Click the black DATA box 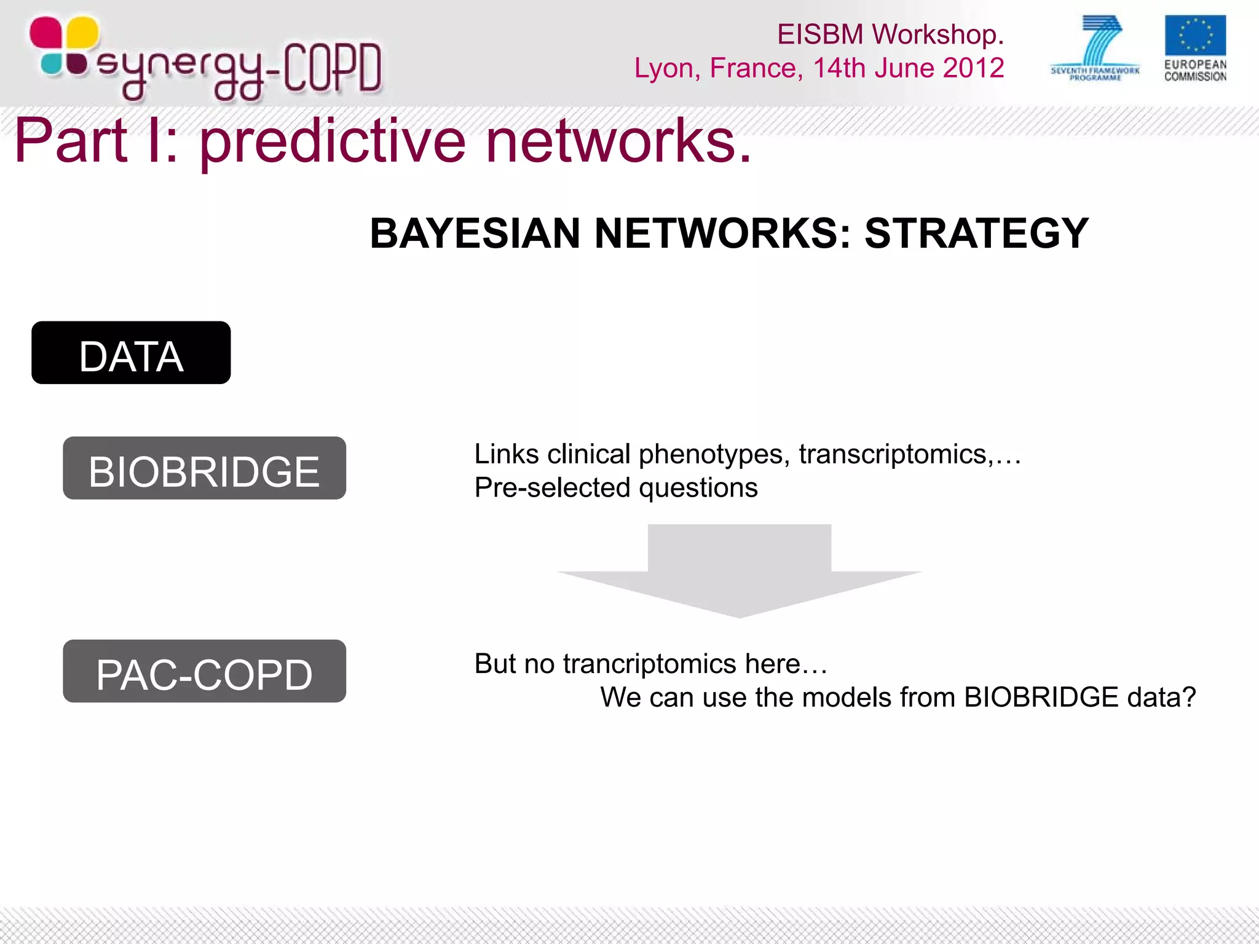[131, 353]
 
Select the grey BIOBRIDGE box [204, 468]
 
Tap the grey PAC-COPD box [204, 671]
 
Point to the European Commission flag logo [1195, 36]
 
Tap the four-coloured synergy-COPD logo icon [64, 46]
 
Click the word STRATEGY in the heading [976, 234]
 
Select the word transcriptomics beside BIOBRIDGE [892, 455]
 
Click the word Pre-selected [553, 488]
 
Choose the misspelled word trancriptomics [649, 664]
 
